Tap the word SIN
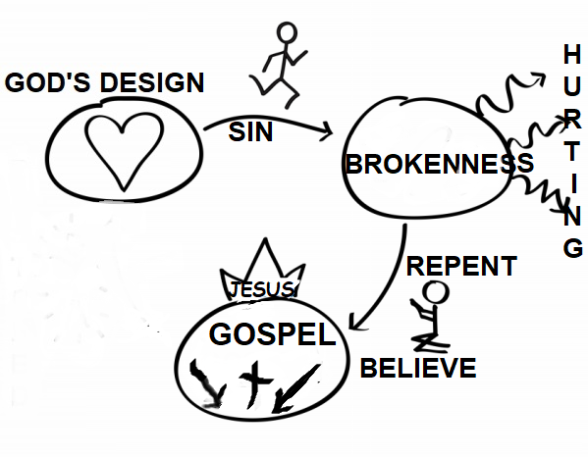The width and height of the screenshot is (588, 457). [250, 131]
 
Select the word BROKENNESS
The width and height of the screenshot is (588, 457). [439, 164]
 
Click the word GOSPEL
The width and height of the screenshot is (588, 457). [272, 334]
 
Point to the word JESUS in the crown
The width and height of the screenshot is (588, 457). [262, 289]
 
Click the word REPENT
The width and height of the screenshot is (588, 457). [461, 266]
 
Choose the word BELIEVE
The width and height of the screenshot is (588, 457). [418, 368]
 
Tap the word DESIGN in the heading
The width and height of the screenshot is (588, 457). [152, 82]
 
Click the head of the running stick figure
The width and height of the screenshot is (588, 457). [287, 32]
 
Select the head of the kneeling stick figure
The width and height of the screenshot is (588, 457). [436, 292]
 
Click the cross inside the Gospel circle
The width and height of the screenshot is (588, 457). [255, 384]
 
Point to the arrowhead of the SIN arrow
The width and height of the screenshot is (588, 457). [327, 131]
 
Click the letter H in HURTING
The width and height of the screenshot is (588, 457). [572, 54]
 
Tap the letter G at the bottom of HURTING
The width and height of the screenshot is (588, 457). [573, 247]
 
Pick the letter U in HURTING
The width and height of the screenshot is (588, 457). [572, 86]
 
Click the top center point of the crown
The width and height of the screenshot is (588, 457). [265, 238]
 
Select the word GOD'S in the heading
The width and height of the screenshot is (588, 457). [47, 82]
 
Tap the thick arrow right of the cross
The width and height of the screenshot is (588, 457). [295, 388]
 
